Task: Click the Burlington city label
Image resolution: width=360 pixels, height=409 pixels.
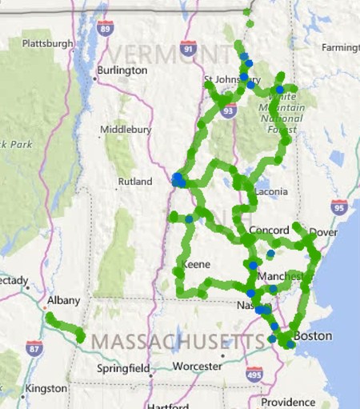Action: coord(122,70)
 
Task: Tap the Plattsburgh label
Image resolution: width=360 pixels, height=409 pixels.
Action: coord(47,43)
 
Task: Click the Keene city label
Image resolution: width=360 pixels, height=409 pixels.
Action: coord(197,264)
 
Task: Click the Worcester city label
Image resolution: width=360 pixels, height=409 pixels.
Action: coord(197,366)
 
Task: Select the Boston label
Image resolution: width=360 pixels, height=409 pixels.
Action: coord(313,336)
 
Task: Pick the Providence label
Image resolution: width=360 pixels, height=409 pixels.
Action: coord(289,402)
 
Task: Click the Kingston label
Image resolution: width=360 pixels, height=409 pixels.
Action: coord(45,388)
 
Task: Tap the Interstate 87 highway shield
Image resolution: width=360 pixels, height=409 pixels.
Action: coord(34,348)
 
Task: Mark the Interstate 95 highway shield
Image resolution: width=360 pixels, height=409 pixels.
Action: coord(339,207)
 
